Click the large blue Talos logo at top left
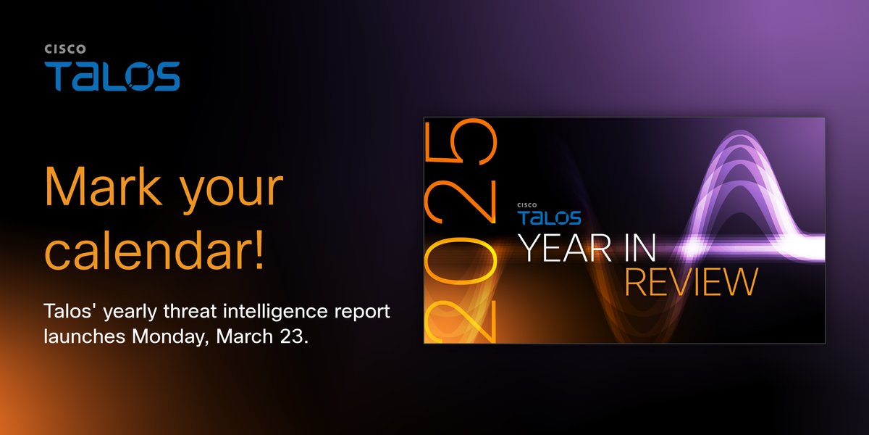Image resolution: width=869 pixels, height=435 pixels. tap(112, 76)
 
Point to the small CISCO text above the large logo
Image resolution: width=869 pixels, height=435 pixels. tap(66, 49)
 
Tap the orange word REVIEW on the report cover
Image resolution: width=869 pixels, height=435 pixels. tap(691, 282)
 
